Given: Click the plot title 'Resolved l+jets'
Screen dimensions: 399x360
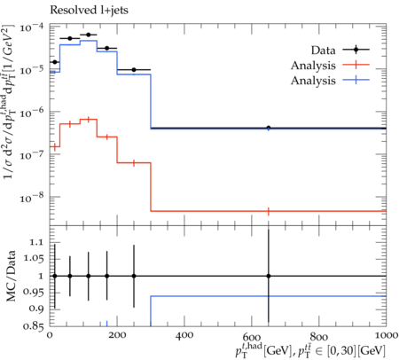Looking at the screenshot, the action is coord(89,11).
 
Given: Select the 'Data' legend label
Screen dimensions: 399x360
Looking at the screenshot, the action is coord(323,51).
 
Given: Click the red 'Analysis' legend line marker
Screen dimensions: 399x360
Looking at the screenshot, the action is coord(356,65).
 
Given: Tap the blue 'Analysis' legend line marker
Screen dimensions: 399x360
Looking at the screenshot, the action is coord(356,80).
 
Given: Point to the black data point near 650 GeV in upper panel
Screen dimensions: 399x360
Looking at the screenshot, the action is coord(269,128).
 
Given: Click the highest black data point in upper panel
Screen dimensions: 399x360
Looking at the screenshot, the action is coord(89,35).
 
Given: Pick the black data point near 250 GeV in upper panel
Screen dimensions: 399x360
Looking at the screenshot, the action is coord(134,70).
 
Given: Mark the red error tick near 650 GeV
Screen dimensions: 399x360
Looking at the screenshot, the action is coord(269,211).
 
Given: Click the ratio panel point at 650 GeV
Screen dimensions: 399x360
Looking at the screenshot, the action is coord(269,276).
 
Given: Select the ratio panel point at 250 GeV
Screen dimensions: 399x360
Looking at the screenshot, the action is coord(134,276).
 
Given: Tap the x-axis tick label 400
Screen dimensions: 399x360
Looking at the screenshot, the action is coord(184,335).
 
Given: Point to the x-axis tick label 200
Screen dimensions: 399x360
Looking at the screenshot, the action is coord(117,335).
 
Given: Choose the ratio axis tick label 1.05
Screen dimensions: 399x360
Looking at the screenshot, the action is coord(34,259).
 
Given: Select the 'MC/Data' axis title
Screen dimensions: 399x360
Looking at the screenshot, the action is coord(11,276).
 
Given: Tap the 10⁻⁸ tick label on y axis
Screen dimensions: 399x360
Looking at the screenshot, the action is coord(31,197).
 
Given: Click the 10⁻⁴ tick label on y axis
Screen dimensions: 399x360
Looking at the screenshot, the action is coord(31,27).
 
